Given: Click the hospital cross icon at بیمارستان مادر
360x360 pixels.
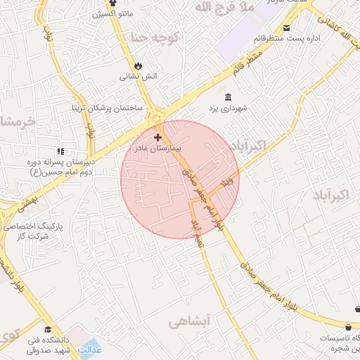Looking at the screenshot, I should [157, 138].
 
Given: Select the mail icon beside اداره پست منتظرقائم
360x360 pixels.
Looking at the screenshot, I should [286, 29].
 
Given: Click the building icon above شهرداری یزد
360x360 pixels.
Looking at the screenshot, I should [226, 97].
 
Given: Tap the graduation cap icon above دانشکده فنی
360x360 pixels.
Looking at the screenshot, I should [48, 329].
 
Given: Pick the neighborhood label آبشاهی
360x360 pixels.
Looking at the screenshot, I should [190, 321].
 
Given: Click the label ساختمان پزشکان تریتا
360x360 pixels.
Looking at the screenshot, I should [108, 108].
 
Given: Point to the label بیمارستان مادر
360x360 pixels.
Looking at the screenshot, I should [157, 149].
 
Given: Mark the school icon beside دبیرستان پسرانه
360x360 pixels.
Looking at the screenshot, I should [60, 151].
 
